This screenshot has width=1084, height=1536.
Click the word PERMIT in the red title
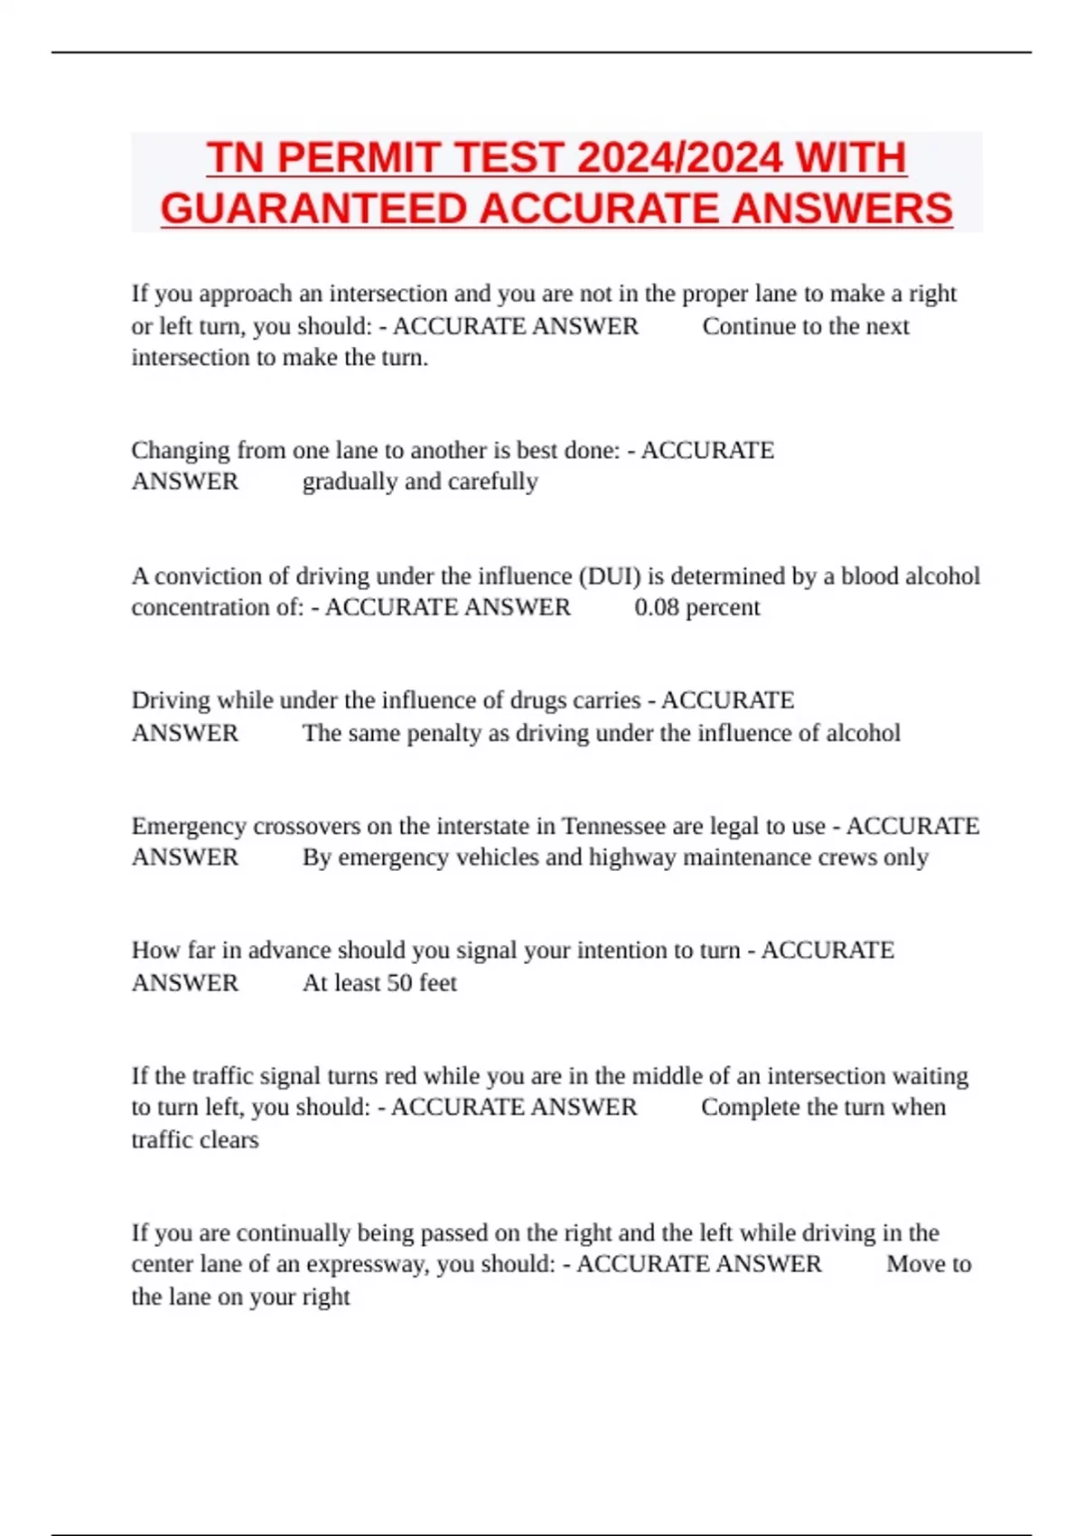pos(360,158)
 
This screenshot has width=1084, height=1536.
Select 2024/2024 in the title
pos(678,158)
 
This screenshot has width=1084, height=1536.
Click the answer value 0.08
pos(656,607)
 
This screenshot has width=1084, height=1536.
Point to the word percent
pos(723,607)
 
